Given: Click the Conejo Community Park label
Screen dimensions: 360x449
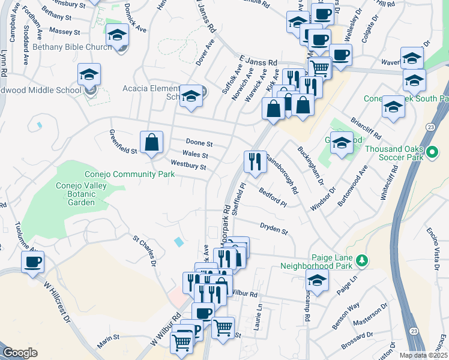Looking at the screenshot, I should coord(129,174).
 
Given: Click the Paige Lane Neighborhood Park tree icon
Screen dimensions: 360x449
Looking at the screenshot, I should coord(361,260).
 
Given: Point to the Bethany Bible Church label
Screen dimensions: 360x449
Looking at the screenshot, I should coord(72,46).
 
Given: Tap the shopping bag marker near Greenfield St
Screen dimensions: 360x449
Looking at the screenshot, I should coord(152,143).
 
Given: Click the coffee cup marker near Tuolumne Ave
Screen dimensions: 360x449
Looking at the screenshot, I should coord(32,262).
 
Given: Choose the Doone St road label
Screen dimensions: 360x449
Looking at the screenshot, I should coord(200,144).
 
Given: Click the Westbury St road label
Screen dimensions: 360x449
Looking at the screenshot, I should coord(188,164).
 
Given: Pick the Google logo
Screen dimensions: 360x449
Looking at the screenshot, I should coord(20,353).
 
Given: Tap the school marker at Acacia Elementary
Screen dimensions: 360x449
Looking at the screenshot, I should coord(191,96).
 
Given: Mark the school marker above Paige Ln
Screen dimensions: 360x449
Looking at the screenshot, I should coord(317,280).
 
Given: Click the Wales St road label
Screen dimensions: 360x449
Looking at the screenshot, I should coord(195,154).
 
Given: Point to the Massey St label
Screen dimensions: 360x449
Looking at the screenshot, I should coord(65,31).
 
